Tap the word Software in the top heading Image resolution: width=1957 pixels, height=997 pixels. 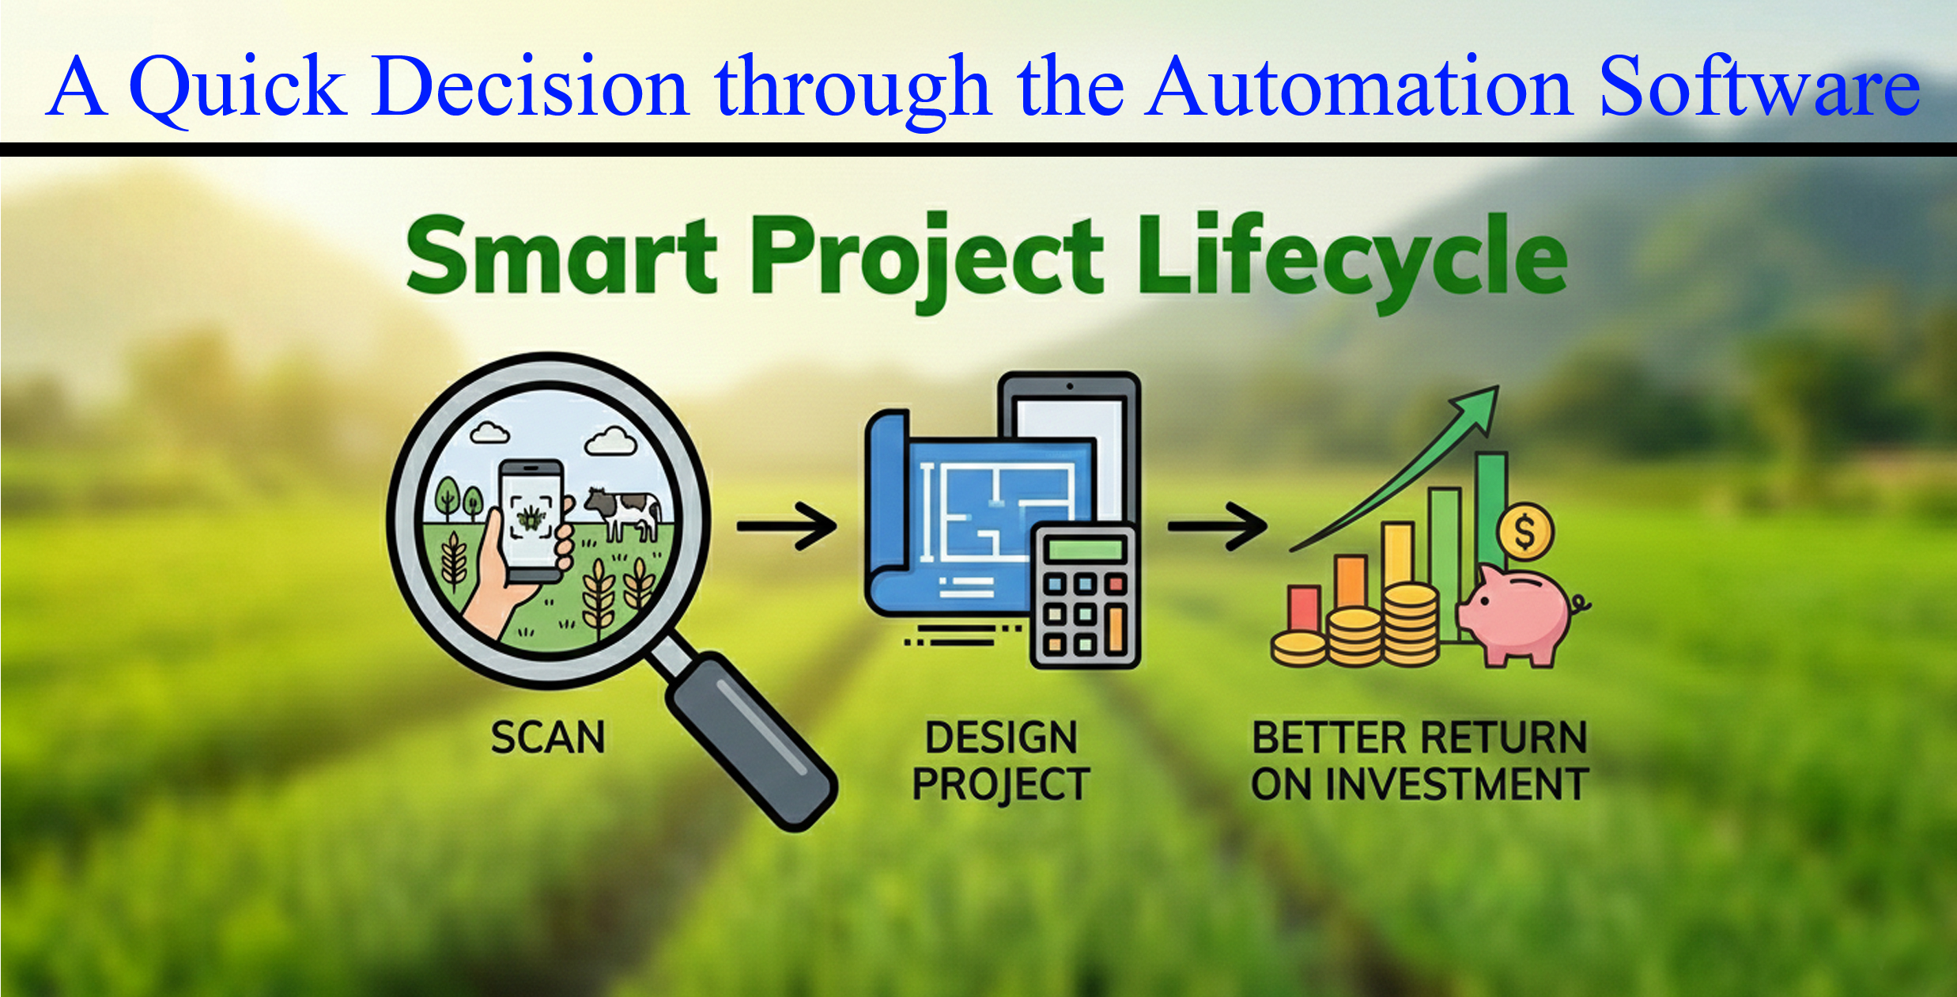(x=1759, y=85)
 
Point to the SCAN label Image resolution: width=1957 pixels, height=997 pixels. (x=548, y=737)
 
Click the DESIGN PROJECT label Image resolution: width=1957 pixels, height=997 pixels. (x=1001, y=760)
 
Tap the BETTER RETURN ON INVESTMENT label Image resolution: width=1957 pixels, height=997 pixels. (x=1419, y=760)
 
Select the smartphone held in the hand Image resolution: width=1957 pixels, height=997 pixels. (x=531, y=520)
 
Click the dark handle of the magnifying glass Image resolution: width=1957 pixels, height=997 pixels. (x=751, y=740)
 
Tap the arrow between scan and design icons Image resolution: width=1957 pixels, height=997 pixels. (x=787, y=525)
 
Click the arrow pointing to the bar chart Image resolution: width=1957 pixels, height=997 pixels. (x=1218, y=525)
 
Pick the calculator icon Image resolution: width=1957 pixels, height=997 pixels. (x=1086, y=597)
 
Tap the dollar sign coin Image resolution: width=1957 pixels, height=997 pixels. (x=1525, y=532)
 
